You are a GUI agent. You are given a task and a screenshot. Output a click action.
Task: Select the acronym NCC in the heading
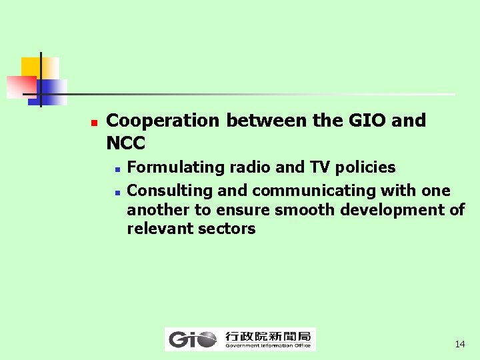pos(125,143)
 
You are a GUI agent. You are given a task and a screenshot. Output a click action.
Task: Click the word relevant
pos(159,229)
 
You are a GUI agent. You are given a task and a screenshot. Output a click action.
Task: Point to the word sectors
pos(226,229)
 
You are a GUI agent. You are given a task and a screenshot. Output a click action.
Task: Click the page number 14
pos(459,345)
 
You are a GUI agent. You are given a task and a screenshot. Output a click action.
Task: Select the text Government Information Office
pos(267,345)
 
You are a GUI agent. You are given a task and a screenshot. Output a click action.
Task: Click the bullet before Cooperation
pos(94,123)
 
